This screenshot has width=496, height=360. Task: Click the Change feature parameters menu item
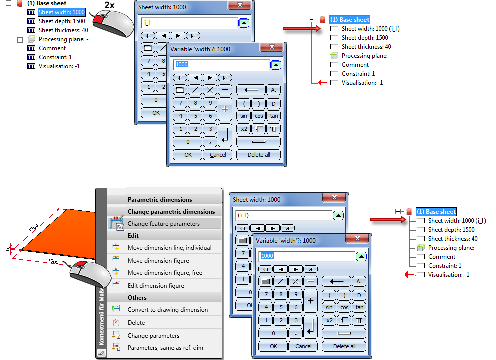pos(163,224)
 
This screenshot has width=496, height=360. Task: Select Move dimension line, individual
pos(169,248)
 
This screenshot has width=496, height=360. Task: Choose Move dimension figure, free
pos(165,273)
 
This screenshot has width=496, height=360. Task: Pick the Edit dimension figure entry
pos(156,286)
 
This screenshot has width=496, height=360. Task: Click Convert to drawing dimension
pos(167,310)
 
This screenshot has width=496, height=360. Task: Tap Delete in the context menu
pos(136,323)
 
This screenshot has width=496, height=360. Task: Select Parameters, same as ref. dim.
pos(166,348)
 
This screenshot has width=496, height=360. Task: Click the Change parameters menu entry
pos(153,336)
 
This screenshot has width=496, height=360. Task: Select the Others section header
pos(137,298)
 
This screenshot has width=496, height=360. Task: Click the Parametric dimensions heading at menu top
pos(160,200)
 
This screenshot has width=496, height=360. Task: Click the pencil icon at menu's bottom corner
pos(102,353)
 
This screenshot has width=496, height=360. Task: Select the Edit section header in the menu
pos(133,236)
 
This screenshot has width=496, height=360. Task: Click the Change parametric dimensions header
pos(171,212)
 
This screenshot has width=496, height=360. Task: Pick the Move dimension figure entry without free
pos(158,261)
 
